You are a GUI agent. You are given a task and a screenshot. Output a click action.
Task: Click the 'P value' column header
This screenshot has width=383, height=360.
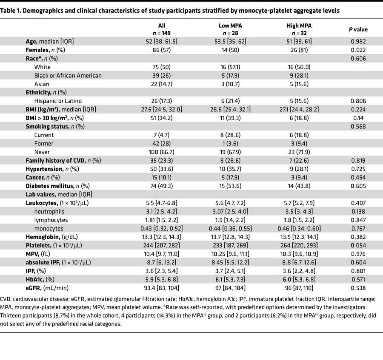pyautogui.click(x=357, y=29)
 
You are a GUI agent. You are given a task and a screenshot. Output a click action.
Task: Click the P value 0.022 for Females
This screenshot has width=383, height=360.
pyautogui.click(x=357, y=50)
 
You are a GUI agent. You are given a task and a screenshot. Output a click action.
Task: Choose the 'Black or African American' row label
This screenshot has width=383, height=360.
pyautogui.click(x=68, y=75)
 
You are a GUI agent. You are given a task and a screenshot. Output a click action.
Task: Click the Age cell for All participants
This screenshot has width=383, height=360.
pyautogui.click(x=162, y=41)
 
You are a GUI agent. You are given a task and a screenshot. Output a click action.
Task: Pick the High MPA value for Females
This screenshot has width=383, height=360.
pyautogui.click(x=299, y=50)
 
